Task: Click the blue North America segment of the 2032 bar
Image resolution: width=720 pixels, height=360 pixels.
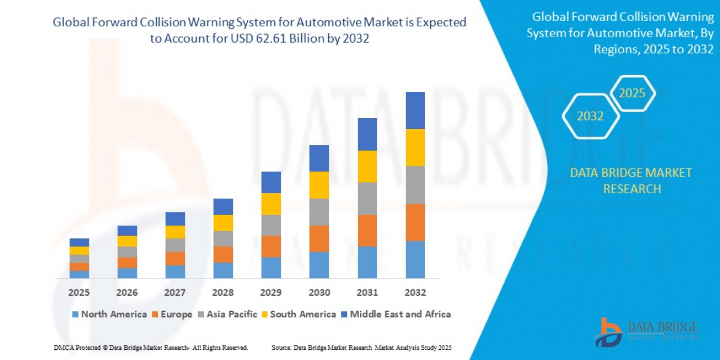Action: (415, 260)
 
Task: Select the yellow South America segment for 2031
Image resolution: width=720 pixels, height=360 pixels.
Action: (367, 166)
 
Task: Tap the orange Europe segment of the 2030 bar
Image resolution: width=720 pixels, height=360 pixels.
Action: (319, 238)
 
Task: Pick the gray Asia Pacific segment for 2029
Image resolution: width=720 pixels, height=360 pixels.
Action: (271, 225)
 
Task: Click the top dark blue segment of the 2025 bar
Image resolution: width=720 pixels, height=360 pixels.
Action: (79, 242)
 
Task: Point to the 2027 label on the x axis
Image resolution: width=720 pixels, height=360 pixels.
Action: (175, 293)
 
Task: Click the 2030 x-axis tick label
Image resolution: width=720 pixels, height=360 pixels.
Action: (319, 293)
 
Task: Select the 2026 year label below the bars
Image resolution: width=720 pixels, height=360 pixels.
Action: (127, 293)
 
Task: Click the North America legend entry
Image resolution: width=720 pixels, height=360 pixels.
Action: (109, 314)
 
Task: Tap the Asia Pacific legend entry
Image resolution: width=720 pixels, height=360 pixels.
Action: (229, 314)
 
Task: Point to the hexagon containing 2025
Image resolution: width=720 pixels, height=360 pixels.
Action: (632, 94)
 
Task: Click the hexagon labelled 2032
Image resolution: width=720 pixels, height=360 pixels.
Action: (590, 116)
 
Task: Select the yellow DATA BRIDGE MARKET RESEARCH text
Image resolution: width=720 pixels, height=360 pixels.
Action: (631, 181)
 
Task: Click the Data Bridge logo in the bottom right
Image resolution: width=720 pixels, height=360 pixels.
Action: (647, 332)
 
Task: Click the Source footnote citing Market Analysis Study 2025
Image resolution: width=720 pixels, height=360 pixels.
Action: (361, 347)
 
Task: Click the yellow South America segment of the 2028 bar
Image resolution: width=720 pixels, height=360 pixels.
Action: (223, 223)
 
